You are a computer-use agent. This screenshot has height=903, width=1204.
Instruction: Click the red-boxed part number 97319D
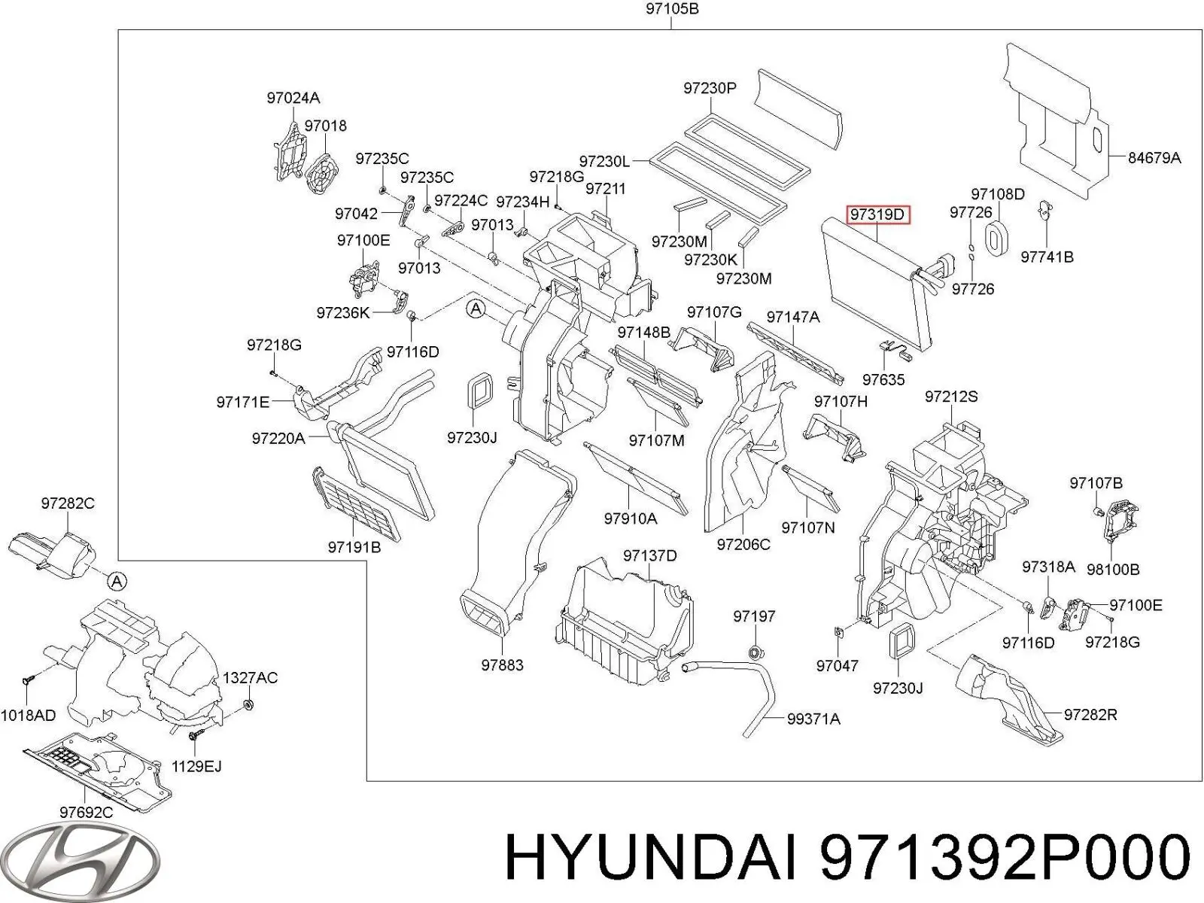click(878, 215)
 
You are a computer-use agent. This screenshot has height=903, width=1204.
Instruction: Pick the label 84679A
click(1154, 158)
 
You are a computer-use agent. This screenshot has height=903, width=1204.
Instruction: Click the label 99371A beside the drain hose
click(813, 719)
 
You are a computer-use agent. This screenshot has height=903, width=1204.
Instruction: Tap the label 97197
click(754, 616)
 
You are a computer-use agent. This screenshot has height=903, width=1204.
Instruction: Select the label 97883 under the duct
click(502, 665)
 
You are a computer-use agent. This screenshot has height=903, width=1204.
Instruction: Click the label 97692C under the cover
click(87, 812)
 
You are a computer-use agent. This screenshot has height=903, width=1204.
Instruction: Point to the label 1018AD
click(28, 715)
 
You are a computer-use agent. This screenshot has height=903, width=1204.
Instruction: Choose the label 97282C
click(68, 503)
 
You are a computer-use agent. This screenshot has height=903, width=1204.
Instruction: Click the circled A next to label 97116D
click(476, 308)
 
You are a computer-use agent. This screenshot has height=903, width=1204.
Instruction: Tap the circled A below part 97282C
click(116, 581)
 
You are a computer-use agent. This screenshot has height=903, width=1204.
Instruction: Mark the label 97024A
click(293, 98)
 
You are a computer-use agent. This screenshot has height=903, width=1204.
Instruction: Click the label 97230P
click(710, 88)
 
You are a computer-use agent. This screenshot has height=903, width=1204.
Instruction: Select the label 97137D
click(649, 555)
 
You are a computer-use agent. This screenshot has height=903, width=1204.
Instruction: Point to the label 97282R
click(1090, 714)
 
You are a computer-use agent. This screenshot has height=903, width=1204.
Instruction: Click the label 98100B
click(1113, 570)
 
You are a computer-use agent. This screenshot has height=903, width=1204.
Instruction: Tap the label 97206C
click(743, 544)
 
